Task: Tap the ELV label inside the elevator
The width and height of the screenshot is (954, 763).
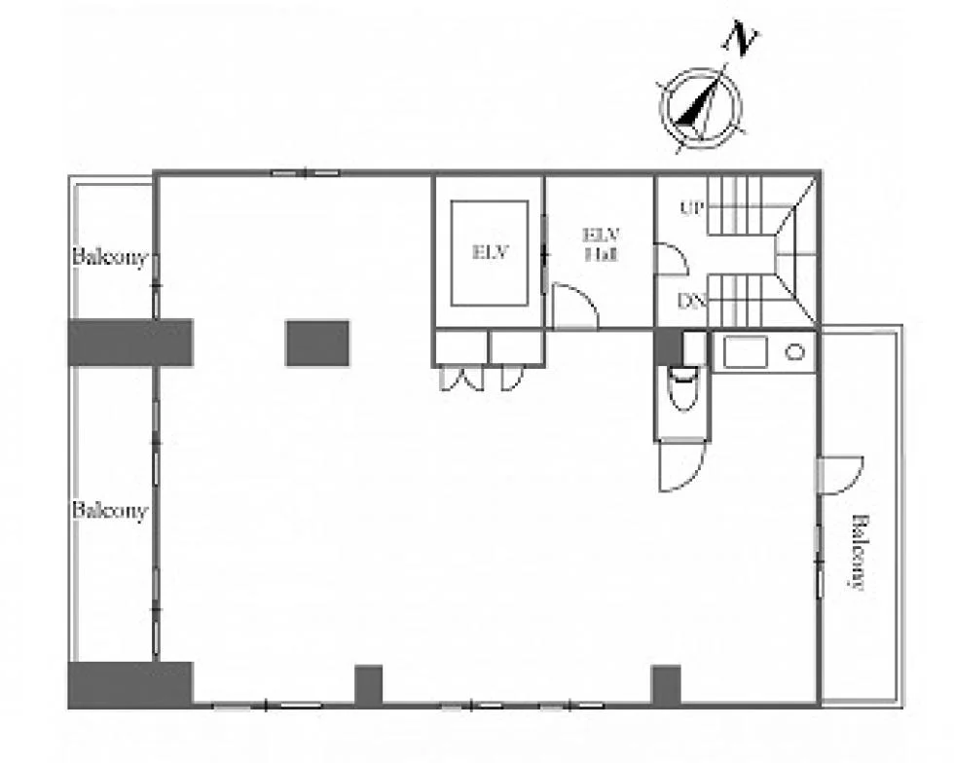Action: pyautogui.click(x=490, y=251)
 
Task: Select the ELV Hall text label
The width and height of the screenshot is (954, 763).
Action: pyautogui.click(x=602, y=244)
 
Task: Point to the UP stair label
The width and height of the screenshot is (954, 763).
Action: pyautogui.click(x=692, y=208)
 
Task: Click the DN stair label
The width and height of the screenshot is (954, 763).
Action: pyautogui.click(x=692, y=301)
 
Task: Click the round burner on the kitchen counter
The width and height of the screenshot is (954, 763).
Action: pyautogui.click(x=794, y=351)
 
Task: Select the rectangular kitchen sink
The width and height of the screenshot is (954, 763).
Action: pyautogui.click(x=746, y=351)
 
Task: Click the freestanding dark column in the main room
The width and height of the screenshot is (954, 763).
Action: pyautogui.click(x=317, y=344)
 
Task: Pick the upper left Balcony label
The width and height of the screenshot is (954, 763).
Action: pyautogui.click(x=110, y=257)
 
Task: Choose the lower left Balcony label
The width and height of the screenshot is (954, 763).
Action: pyautogui.click(x=110, y=509)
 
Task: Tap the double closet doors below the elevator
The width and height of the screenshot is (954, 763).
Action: pyautogui.click(x=462, y=378)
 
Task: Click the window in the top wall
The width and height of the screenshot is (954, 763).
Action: pyautogui.click(x=305, y=173)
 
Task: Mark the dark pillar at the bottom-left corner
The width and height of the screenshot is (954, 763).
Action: pyautogui.click(x=130, y=685)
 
